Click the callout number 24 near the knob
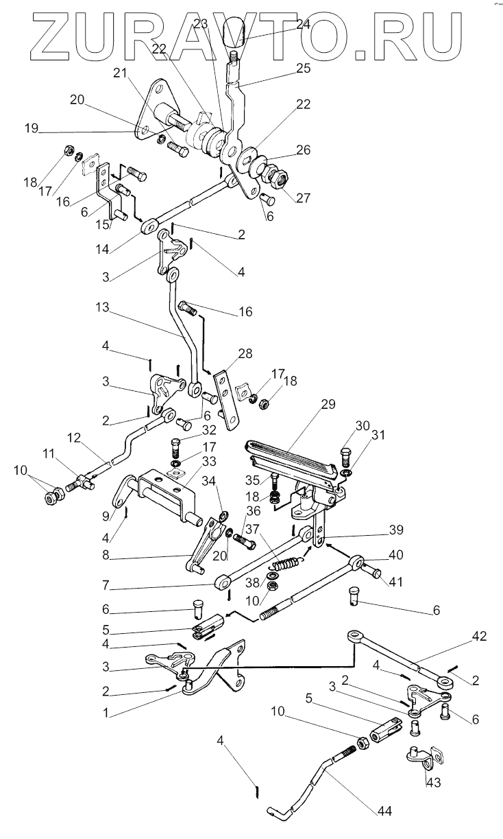coord(303,25)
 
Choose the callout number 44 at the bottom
coord(384,812)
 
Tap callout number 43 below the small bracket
coord(433,783)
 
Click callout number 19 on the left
coord(32,128)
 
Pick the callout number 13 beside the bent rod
coord(102,307)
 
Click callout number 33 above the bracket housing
coord(209,461)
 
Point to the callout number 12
coord(74,437)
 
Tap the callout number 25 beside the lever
coord(303,68)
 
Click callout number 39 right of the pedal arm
coord(396,530)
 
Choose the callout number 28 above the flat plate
coord(245,353)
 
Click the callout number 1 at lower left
coord(106,713)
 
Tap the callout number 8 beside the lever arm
coord(106,555)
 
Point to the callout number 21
coord(121,73)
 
